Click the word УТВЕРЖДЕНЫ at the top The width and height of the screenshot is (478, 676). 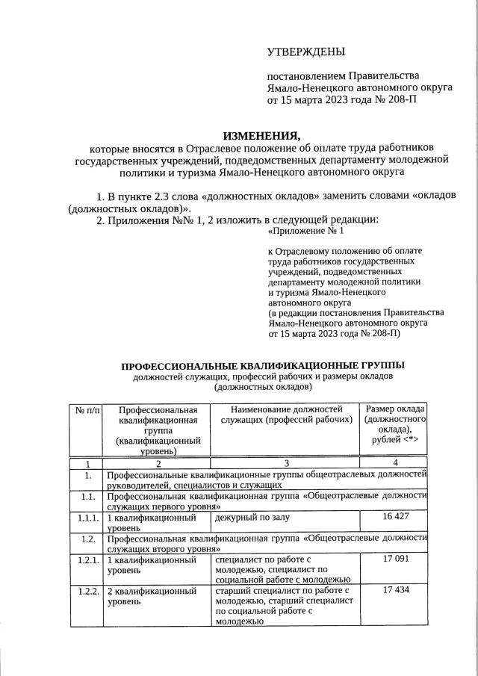305,52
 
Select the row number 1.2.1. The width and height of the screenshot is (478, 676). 87,559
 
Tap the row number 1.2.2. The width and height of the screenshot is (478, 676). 87,590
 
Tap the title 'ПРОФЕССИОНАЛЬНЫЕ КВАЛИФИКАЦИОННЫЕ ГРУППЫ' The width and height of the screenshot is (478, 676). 264,365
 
